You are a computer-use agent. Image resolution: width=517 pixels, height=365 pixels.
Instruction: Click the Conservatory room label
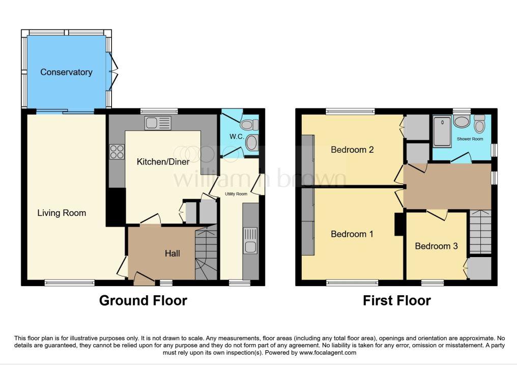[x=66, y=72]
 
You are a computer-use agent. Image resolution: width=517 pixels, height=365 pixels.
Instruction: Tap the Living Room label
[x=62, y=213]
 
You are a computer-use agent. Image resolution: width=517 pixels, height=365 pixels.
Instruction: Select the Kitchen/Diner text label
[x=163, y=161]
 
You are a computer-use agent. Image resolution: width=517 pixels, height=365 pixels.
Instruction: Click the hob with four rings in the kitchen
[x=117, y=152]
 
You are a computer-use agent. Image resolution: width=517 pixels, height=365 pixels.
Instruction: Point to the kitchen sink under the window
[x=158, y=123]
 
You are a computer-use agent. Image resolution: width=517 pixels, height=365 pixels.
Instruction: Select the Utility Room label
[x=236, y=194]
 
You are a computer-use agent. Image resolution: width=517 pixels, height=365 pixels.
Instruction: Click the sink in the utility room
[x=250, y=241]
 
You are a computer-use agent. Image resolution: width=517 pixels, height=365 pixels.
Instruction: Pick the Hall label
[x=173, y=253]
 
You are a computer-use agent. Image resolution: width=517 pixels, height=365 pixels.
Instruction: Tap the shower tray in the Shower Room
[x=442, y=131]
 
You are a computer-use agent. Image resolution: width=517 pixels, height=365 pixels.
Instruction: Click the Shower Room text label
[x=470, y=139]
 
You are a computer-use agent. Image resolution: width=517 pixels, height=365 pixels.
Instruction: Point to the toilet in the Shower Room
[x=479, y=124]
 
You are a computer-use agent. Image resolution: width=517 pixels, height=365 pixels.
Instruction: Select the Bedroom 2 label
[x=352, y=150]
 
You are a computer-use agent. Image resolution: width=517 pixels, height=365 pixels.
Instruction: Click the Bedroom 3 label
[x=436, y=246]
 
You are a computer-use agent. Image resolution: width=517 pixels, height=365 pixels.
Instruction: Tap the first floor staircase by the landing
[x=480, y=232]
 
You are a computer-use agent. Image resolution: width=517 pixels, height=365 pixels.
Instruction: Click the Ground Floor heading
[x=143, y=300]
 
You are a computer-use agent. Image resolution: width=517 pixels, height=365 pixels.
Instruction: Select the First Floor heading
[x=396, y=300]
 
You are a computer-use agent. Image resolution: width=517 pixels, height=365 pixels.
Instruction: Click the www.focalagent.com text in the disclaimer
[x=328, y=352]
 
